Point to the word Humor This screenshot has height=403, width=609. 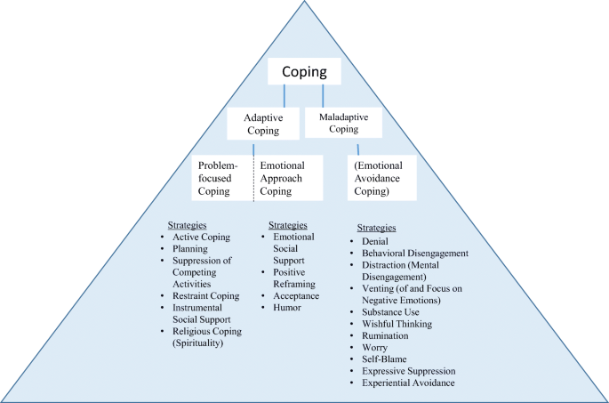289,308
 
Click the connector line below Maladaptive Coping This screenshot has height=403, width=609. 359,149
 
